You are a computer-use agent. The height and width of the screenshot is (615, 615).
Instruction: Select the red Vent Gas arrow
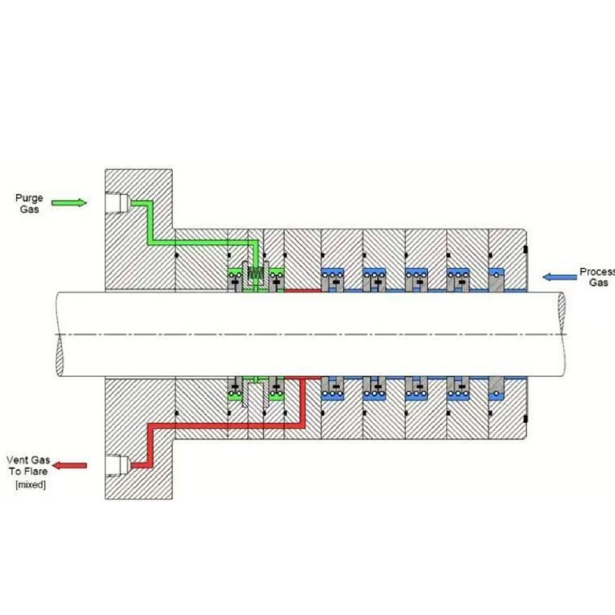pos(69,466)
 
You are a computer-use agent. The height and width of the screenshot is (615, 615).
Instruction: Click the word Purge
pos(30,198)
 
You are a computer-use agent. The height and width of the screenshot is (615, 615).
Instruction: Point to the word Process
pos(597,271)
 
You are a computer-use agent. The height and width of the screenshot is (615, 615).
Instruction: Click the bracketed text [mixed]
pos(30,485)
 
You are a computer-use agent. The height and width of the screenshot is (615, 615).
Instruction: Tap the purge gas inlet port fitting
pos(117,202)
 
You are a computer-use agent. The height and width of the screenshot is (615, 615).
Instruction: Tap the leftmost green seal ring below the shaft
pos(234,390)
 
